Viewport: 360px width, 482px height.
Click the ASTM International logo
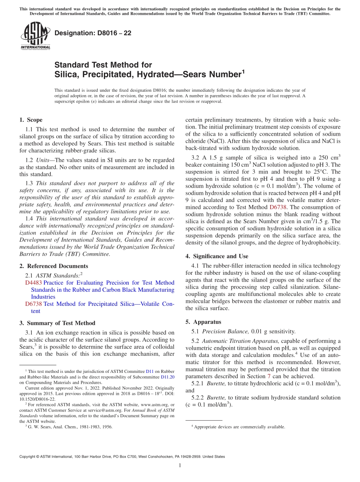(35, 36)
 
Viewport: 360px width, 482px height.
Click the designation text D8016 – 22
(93, 33)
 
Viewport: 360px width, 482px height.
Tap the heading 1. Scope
(31, 120)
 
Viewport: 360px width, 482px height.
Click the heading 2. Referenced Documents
(54, 266)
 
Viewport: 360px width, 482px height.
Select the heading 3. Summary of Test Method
(57, 323)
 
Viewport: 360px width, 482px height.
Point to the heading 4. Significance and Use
(217, 256)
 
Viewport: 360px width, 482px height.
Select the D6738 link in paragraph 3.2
(278, 207)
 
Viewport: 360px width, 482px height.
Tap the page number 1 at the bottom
(180, 465)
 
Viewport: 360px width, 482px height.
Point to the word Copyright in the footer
(28, 457)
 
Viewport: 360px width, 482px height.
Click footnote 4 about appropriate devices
(239, 427)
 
